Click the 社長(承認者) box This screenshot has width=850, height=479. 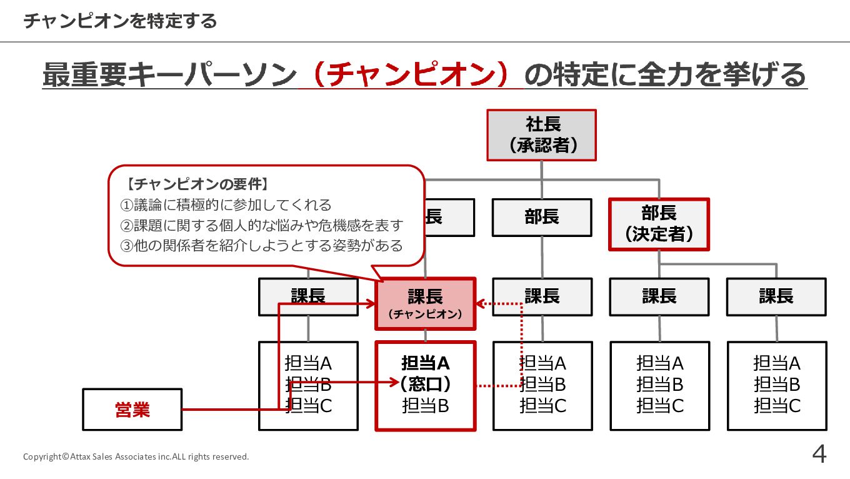[542, 135]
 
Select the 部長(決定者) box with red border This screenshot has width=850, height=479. [659, 224]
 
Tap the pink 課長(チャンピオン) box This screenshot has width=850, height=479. [425, 303]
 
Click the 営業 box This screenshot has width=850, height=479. [132, 410]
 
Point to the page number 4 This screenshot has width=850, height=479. [819, 455]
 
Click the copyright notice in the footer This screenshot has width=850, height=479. [136, 456]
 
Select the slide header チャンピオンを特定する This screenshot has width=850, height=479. [120, 21]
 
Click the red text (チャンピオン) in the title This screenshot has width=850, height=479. [411, 76]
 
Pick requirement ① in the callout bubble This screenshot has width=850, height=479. [225, 204]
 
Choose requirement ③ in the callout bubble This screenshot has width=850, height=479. [261, 245]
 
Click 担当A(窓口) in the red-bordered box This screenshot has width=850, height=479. [426, 373]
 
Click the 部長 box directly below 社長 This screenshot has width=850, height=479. [542, 218]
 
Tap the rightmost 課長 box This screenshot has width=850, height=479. [776, 296]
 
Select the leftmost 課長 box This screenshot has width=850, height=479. [308, 296]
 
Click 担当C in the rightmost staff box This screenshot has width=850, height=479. [777, 406]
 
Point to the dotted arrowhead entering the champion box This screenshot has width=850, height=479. [480, 304]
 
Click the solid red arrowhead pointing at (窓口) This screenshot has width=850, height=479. [394, 381]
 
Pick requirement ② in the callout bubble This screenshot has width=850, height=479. [261, 225]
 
